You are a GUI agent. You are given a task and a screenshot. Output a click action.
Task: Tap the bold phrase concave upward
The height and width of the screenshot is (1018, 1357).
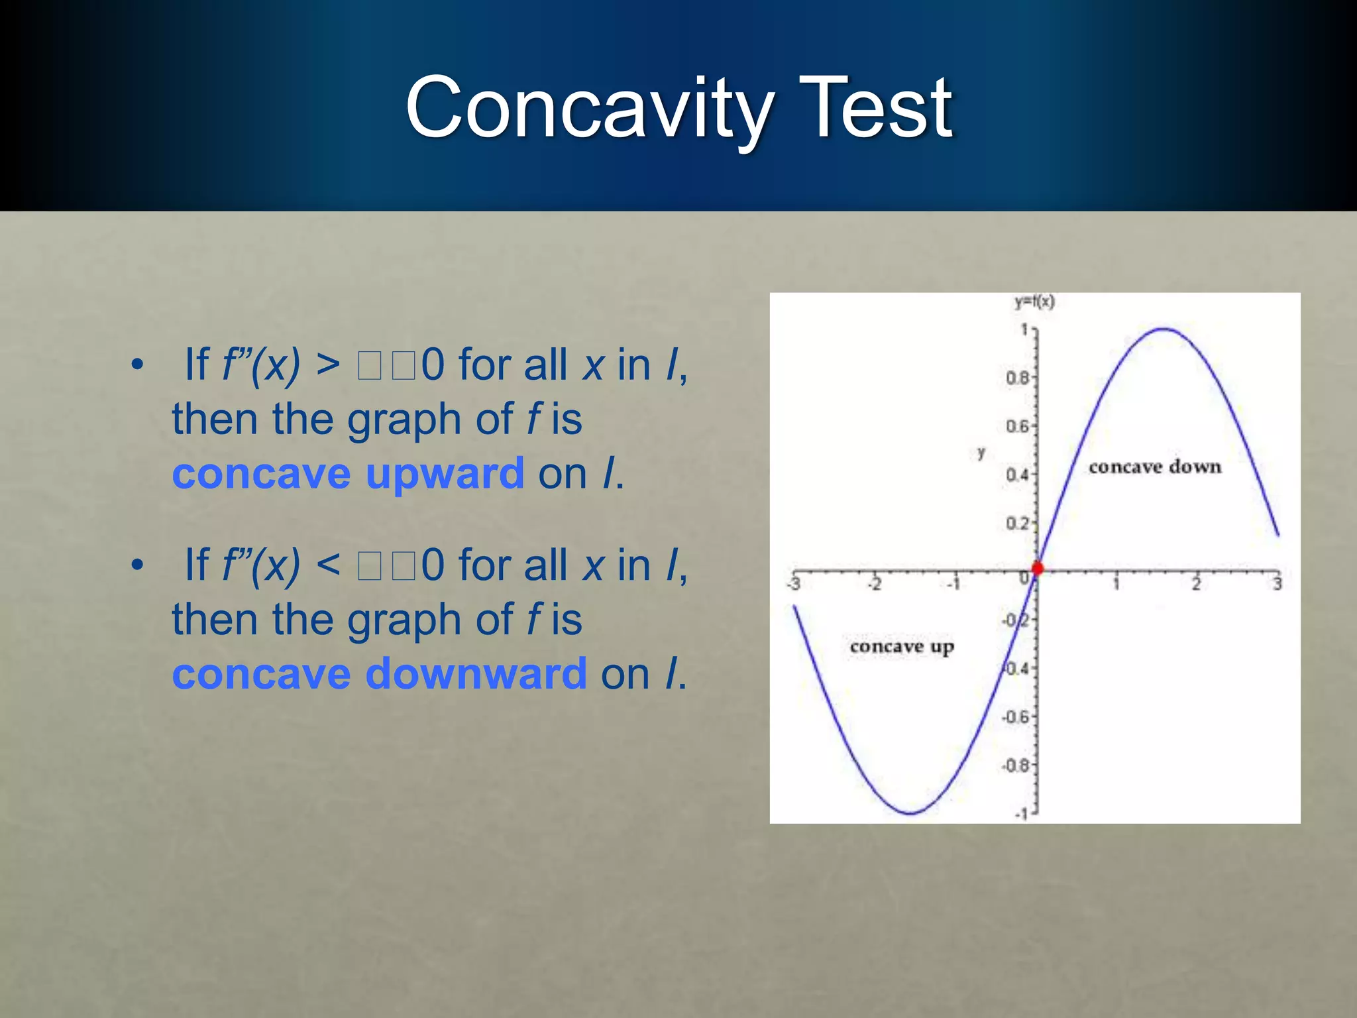(348, 474)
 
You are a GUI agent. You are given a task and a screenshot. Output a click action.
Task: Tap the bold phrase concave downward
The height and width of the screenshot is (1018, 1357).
(379, 674)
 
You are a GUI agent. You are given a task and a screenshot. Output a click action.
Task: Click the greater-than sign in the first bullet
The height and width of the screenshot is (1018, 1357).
(328, 365)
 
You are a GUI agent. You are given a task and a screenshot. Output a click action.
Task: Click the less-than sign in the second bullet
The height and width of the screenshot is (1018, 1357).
(328, 565)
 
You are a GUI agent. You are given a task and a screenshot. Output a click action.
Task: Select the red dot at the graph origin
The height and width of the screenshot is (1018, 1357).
(1038, 568)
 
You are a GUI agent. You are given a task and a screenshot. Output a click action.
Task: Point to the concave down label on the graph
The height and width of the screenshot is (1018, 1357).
(1154, 467)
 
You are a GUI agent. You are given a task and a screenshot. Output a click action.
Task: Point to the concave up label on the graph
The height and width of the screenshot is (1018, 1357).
(902, 646)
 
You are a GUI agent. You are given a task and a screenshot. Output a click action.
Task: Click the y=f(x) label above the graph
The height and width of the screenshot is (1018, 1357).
(1034, 302)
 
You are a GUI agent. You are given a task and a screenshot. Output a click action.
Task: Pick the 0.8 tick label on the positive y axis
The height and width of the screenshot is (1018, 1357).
(1017, 378)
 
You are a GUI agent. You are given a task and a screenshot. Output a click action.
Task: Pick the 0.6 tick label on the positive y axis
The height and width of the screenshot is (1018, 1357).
(1017, 426)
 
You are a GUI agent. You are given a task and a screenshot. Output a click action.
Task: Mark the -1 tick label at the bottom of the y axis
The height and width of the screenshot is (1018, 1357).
(1022, 813)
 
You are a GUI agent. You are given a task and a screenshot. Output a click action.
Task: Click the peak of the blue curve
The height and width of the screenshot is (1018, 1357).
(1164, 329)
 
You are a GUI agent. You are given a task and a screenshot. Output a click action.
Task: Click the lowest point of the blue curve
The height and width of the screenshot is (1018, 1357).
(911, 813)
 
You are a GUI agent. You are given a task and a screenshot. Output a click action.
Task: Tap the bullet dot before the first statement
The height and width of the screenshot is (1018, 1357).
(137, 365)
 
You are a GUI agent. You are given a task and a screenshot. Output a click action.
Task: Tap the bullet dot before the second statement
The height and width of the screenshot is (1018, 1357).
(137, 565)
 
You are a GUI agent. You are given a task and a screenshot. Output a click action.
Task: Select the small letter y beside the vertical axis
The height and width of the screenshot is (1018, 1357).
(981, 453)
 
